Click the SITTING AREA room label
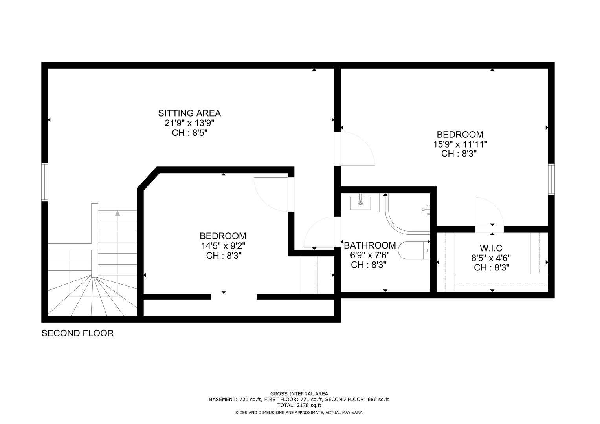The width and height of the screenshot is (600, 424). tap(189, 113)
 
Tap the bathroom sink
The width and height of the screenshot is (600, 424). tap(361, 203)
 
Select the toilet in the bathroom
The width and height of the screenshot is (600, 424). tap(414, 250)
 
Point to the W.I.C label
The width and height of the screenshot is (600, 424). tap(491, 248)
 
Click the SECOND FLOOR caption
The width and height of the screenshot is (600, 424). tap(78, 333)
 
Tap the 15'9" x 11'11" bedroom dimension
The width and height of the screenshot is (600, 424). tap(460, 144)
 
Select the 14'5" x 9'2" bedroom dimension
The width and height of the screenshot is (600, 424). tap(223, 245)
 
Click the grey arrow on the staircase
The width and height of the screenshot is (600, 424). tap(117, 213)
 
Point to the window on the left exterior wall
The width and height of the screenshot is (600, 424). tap(44, 182)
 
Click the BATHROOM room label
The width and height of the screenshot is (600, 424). tap(370, 245)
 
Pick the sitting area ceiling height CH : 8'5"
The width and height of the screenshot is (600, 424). tap(190, 133)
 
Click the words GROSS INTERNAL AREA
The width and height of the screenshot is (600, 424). tap(299, 393)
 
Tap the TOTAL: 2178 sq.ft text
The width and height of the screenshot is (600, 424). tap(299, 405)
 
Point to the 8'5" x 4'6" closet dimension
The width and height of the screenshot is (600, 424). tap(491, 258)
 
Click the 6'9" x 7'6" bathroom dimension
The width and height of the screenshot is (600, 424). tap(370, 255)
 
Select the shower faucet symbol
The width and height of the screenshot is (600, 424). tap(426, 210)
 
